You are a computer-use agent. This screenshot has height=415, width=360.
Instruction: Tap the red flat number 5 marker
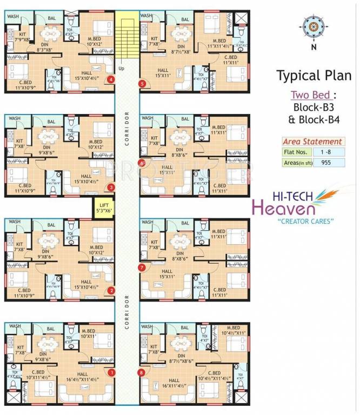142,83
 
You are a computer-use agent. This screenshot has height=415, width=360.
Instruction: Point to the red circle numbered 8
142,372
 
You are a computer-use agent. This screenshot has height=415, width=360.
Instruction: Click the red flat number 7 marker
142,267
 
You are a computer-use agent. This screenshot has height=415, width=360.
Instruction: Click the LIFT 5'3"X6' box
104,207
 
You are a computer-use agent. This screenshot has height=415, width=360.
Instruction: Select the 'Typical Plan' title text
314,75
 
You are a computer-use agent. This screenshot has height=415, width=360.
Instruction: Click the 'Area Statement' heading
312,142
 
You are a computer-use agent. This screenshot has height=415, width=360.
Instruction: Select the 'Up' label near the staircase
121,69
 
